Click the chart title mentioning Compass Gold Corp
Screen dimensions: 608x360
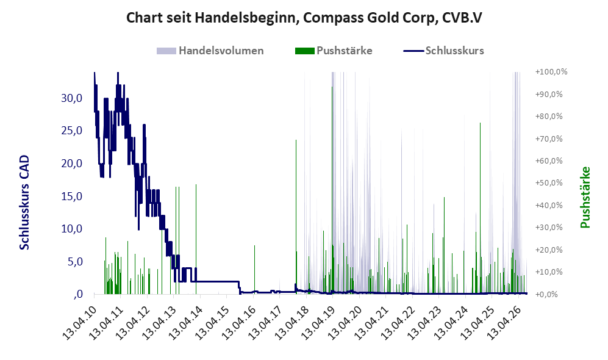pyautogui.click(x=304, y=18)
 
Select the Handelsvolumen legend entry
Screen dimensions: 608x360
pyautogui.click(x=210, y=51)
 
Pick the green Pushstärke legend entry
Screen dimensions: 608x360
pyautogui.click(x=334, y=51)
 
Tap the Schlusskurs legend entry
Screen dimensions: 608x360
pyautogui.click(x=443, y=51)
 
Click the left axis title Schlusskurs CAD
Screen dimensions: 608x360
pyautogui.click(x=24, y=202)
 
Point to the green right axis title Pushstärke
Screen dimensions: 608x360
pyautogui.click(x=585, y=198)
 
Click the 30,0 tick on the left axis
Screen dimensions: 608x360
pyautogui.click(x=72, y=98)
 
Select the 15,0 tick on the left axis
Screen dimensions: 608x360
pyautogui.click(x=72, y=196)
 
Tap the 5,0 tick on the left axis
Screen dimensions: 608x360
pyautogui.click(x=75, y=262)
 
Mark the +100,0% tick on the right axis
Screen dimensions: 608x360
pyautogui.click(x=551, y=72)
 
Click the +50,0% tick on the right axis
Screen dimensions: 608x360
pyautogui.click(x=549, y=182)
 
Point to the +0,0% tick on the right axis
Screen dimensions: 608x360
pyautogui.click(x=547, y=295)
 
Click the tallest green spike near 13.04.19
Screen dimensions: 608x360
pyautogui.click(x=332, y=190)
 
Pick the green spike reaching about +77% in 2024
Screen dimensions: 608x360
pyautogui.click(x=480, y=208)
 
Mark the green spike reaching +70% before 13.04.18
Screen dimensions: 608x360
pyautogui.click(x=296, y=217)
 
